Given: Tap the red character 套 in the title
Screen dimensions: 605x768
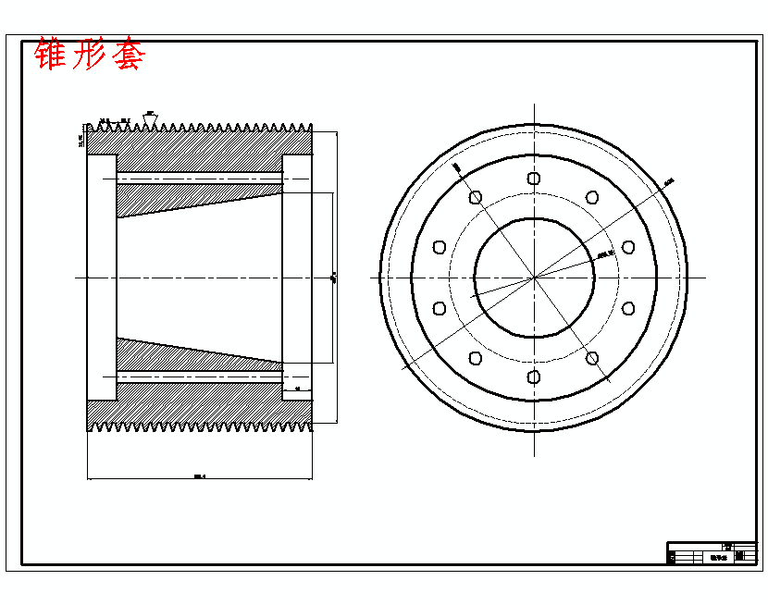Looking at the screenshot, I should [x=128, y=55].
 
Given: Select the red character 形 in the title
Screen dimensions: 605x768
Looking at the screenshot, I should [x=90, y=55].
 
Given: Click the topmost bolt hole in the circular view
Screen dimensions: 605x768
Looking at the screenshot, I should [x=533, y=179].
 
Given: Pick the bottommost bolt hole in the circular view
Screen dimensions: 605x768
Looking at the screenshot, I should [x=533, y=376].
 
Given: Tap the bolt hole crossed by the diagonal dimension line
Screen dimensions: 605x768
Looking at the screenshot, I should [x=592, y=358].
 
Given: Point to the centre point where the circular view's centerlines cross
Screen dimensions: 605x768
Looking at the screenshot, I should [x=533, y=278].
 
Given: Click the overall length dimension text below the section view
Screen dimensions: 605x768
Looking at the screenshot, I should [x=199, y=476].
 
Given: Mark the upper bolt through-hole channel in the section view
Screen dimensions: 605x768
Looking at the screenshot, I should [x=199, y=177].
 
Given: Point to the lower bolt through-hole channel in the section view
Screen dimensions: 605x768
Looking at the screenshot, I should [x=199, y=377].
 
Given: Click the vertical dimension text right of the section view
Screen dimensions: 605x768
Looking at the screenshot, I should [x=332, y=277].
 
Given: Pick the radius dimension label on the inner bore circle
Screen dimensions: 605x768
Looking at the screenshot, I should [x=606, y=252].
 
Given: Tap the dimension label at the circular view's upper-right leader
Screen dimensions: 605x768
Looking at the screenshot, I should [x=669, y=181].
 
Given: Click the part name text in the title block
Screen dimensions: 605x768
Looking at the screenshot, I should [x=718, y=557].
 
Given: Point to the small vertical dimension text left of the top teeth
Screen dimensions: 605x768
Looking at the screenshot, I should [x=81, y=139].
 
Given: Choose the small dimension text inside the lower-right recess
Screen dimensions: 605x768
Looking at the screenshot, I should [x=297, y=389].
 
